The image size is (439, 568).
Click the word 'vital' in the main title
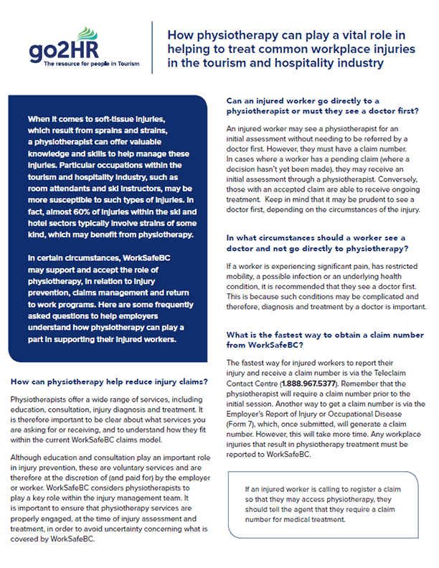pyautogui.click(x=336, y=34)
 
